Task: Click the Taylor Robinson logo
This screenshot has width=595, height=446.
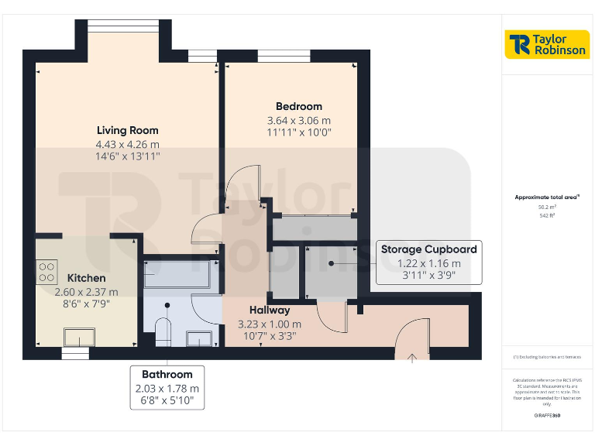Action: point(547,45)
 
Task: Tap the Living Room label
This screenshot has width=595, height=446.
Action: point(127,130)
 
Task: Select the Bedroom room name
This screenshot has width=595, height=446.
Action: point(298,106)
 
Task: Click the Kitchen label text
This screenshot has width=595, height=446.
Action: point(86,278)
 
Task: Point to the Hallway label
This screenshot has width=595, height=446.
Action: point(270,310)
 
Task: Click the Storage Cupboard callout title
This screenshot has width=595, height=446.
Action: point(428,249)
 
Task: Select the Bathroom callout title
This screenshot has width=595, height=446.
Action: point(167,374)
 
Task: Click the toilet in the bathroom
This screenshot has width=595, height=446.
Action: point(163,331)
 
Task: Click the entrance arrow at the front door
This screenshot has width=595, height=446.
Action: point(413,357)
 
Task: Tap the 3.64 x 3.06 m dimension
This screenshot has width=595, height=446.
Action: point(298,121)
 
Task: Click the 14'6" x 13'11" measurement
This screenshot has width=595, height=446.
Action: point(127,156)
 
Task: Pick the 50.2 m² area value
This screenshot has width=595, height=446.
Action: point(547,208)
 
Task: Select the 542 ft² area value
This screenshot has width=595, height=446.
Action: point(547,216)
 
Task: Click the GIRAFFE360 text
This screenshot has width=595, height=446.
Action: point(547,417)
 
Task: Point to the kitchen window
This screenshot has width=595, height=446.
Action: point(76,353)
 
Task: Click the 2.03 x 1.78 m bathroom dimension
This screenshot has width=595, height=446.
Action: point(167,388)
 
